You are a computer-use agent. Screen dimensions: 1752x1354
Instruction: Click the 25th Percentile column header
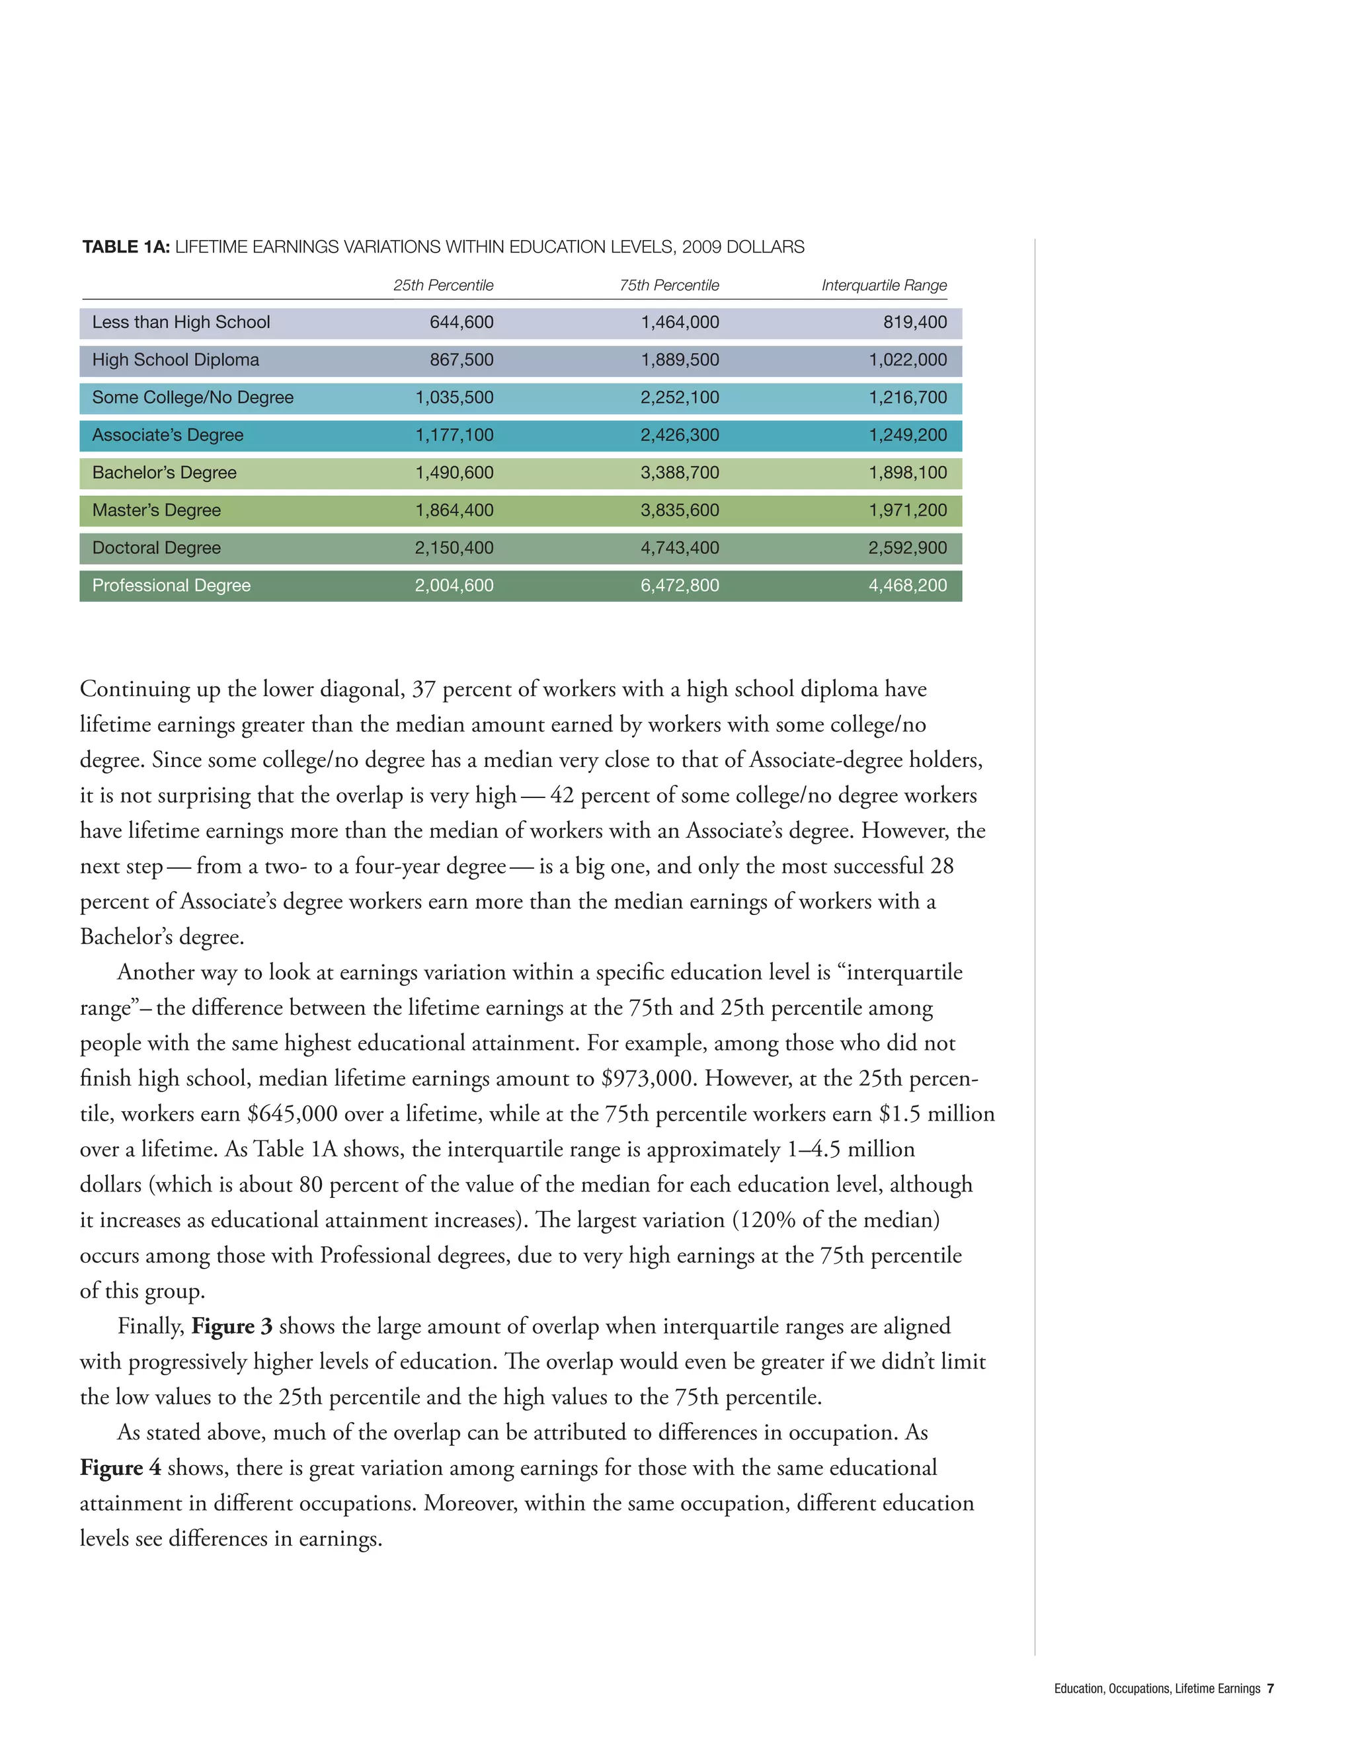[x=443, y=286]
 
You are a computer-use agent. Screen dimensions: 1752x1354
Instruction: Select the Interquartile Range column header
[x=884, y=286]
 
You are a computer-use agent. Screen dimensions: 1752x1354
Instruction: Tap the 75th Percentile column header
[x=669, y=286]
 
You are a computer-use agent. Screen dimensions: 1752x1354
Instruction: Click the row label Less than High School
[x=180, y=323]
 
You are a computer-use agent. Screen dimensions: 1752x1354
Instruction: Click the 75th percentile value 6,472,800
[x=680, y=586]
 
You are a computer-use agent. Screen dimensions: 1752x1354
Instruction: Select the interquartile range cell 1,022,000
[x=907, y=360]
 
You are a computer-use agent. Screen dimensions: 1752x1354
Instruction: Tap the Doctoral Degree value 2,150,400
[x=454, y=548]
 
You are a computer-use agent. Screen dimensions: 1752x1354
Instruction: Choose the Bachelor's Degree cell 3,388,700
[x=680, y=473]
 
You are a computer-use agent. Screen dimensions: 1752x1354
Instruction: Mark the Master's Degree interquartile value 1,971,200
[x=907, y=510]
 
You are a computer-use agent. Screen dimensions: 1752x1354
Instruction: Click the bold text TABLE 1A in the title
[x=126, y=247]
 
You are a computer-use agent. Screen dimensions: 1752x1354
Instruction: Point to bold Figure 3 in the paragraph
[x=232, y=1327]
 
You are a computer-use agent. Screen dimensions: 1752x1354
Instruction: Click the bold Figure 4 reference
[x=120, y=1468]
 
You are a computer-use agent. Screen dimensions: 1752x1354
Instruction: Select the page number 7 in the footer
[x=1270, y=1689]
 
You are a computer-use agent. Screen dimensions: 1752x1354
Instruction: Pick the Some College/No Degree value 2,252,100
[x=680, y=398]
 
